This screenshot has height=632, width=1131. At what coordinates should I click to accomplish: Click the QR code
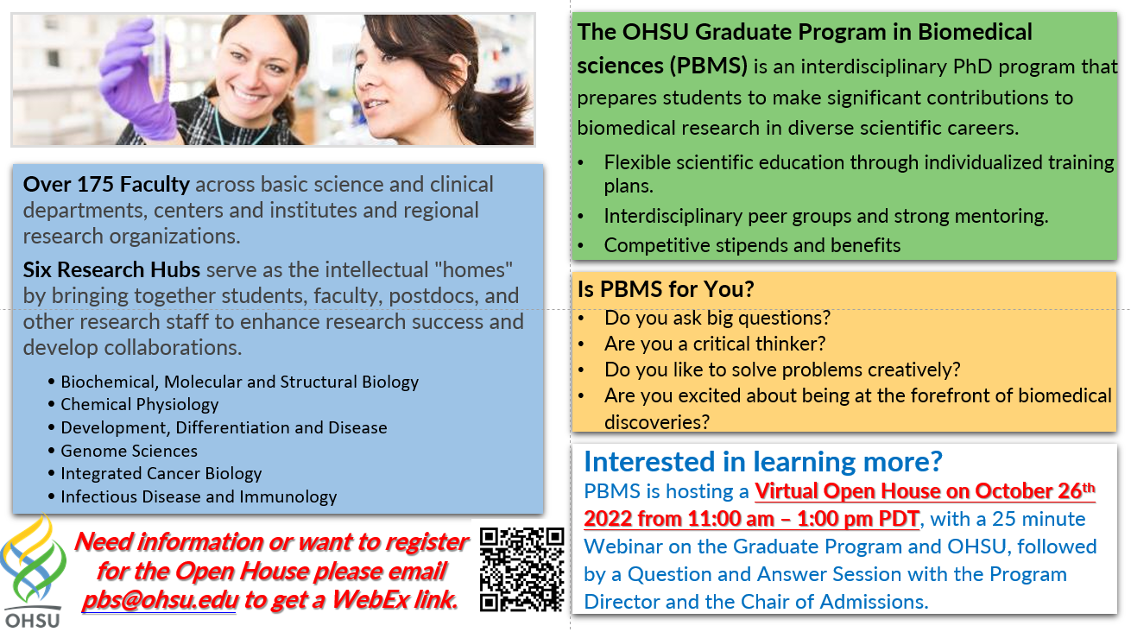[521, 570]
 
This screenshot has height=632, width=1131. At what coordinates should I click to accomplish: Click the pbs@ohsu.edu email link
[160, 600]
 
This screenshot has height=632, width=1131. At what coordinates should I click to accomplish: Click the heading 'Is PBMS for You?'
[666, 289]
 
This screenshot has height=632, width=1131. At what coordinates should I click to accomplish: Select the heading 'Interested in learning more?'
[763, 461]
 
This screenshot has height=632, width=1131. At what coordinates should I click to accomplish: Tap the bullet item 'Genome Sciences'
[129, 451]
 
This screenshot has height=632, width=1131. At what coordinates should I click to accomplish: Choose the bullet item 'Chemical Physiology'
[139, 404]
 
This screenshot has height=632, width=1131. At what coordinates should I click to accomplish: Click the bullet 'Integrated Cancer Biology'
[161, 473]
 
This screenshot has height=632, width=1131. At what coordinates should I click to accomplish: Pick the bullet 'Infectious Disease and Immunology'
[199, 496]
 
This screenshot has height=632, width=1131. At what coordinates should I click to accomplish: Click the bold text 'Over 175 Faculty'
[106, 184]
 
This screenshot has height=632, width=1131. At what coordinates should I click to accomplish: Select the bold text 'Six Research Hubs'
[111, 269]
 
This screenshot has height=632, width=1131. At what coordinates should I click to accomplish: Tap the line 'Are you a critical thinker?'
[715, 344]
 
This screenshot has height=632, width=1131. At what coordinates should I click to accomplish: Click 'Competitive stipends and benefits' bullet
[752, 245]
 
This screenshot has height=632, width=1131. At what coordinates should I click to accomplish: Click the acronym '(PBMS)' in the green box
[709, 66]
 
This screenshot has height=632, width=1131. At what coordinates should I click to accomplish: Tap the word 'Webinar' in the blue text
[617, 547]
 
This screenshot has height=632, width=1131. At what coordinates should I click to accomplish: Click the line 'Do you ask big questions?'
[717, 318]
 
